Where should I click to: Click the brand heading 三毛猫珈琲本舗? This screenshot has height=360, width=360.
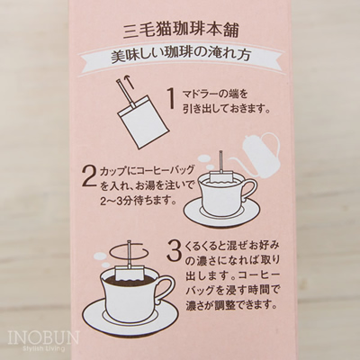click(x=181, y=31)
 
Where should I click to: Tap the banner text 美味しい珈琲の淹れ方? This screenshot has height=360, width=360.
click(x=180, y=56)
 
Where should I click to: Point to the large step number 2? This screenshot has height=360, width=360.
click(x=89, y=182)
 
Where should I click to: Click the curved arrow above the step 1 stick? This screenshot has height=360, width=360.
click(x=130, y=81)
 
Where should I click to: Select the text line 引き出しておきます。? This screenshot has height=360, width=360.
click(x=227, y=109)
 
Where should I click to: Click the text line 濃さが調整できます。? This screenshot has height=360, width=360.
click(x=230, y=306)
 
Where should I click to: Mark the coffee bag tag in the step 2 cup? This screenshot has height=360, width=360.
click(x=221, y=176)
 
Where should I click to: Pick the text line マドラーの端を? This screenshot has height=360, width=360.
click(x=215, y=95)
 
